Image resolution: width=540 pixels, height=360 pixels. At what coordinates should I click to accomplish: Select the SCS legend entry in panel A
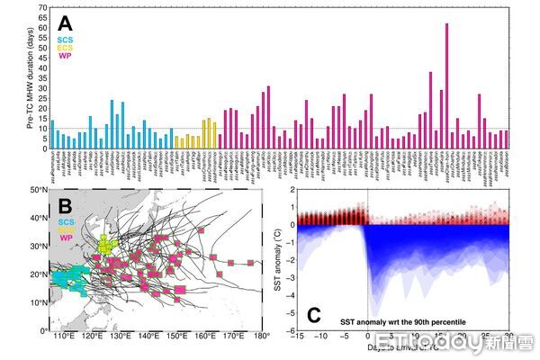(65, 40)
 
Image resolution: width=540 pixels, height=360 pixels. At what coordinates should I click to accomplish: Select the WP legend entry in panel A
(64, 56)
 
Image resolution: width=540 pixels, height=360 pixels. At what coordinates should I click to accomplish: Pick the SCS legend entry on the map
(67, 221)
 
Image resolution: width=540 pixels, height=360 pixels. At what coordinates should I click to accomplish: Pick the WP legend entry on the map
(66, 238)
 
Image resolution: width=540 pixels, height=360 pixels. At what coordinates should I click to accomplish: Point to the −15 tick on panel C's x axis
(298, 337)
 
